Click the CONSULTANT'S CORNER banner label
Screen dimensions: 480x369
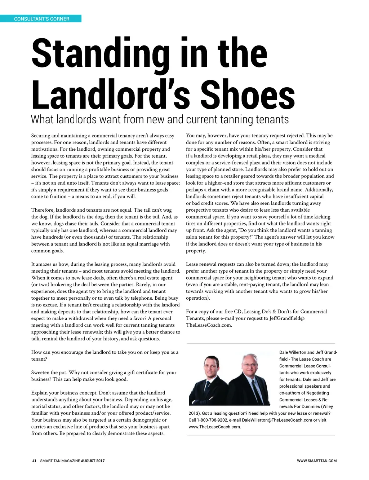coord(41,19)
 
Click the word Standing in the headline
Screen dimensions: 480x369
coord(100,54)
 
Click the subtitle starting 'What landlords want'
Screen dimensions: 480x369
coord(160,119)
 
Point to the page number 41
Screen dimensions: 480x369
coord(34,461)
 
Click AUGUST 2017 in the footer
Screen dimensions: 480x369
coord(93,461)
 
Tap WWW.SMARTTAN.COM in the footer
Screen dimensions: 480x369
coord(317,461)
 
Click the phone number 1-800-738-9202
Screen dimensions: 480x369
coord(212,420)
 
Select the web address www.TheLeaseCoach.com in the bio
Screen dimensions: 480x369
coord(214,427)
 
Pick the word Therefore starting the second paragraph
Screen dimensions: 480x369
coord(43,210)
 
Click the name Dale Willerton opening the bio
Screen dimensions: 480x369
coord(292,352)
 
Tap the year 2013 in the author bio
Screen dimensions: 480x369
coord(194,413)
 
